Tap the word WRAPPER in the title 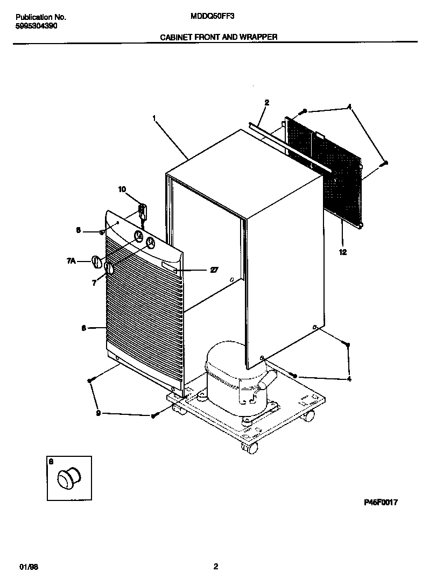point(259,37)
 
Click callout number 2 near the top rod point(266,102)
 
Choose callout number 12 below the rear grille point(342,251)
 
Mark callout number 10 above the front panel point(122,189)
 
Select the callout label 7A point(71,261)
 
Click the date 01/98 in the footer point(29,552)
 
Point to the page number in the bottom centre point(215,551)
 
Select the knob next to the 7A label point(96,262)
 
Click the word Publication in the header point(28,17)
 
